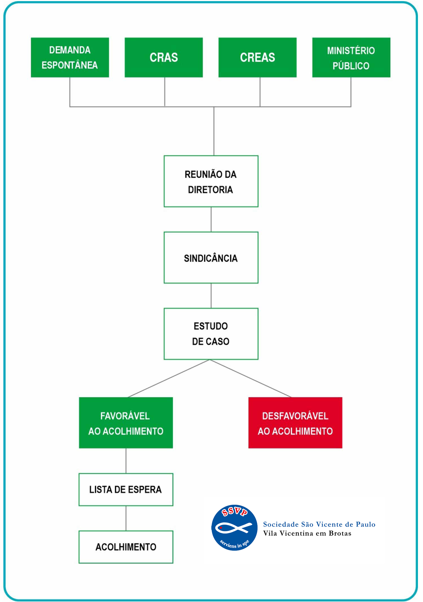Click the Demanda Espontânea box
pyautogui.click(x=70, y=57)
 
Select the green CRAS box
pyautogui.click(x=164, y=57)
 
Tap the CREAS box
pyautogui.click(x=257, y=57)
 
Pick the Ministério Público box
pyautogui.click(x=351, y=57)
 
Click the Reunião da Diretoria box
pyautogui.click(x=211, y=181)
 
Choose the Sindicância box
pyautogui.click(x=211, y=257)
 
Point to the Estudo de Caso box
pyautogui.click(x=211, y=334)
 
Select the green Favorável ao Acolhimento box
pyautogui.click(x=126, y=423)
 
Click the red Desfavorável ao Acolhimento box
pyautogui.click(x=295, y=423)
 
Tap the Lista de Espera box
pyautogui.click(x=126, y=489)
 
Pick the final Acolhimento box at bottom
pyautogui.click(x=126, y=547)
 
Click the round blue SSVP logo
pyautogui.click(x=234, y=528)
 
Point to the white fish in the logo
pyautogui.click(x=233, y=528)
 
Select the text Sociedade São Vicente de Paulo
pyautogui.click(x=319, y=524)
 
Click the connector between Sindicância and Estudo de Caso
pyautogui.click(x=211, y=296)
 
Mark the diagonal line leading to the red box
pyautogui.click(x=250, y=378)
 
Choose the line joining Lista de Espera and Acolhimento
pyautogui.click(x=126, y=518)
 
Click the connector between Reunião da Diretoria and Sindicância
pyautogui.click(x=211, y=219)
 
